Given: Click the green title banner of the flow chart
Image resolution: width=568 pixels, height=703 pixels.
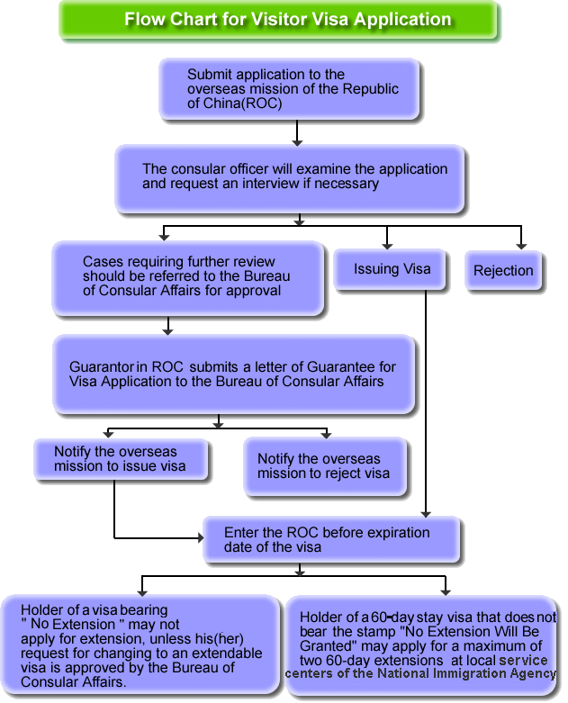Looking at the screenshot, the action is pos(278,20).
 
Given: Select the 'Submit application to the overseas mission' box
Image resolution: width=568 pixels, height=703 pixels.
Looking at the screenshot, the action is pos(289,89).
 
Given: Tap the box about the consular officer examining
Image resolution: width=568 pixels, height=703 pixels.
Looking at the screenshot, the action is pos(289,178).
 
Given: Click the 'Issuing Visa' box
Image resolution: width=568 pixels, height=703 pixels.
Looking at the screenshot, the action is pos(391,269).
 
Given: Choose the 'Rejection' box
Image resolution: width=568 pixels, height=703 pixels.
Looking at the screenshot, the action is pos(503,270).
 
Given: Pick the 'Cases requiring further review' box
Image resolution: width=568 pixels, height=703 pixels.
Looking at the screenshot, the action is pos(188,278).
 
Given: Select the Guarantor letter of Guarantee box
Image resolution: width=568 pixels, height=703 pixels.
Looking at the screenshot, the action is pos(233,374).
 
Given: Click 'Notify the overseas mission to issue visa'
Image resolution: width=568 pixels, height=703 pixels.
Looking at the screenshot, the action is pos(121,459).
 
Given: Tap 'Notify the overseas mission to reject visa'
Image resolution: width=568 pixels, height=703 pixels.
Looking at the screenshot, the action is pos(325,466).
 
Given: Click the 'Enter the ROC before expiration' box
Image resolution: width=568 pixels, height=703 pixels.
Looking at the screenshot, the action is pos(331,539).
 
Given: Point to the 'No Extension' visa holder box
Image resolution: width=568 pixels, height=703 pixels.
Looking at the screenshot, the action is pos(140,644).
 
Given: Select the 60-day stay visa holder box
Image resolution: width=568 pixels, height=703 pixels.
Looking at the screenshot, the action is pos(422,645).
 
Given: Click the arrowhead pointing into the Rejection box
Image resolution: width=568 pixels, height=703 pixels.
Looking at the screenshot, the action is pos(521,246).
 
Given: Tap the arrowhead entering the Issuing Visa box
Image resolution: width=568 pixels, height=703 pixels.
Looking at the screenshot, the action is pos(387,246).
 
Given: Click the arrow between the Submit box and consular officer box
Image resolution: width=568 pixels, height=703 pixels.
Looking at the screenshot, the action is pos(297,132).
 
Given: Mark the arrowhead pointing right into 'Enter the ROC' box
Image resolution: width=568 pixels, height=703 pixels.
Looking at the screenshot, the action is pos(201,537).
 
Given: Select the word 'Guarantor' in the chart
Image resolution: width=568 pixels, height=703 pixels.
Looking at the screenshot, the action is pos(102,366).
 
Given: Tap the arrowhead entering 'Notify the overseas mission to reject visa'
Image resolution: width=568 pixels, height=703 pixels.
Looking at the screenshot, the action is pos(327,435).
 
